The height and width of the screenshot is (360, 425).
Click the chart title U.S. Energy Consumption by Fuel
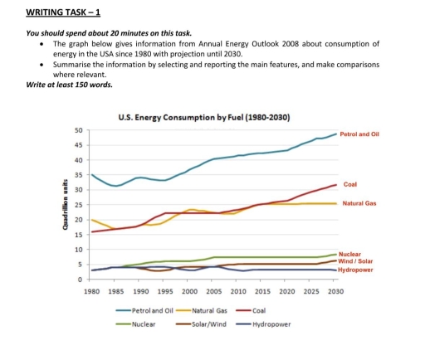(x=205, y=118)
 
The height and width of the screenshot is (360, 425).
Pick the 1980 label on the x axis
(x=91, y=293)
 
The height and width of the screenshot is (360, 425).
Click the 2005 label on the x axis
(x=213, y=293)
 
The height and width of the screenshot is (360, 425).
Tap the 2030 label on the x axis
(x=335, y=293)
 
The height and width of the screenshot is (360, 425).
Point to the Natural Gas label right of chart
(x=359, y=203)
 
